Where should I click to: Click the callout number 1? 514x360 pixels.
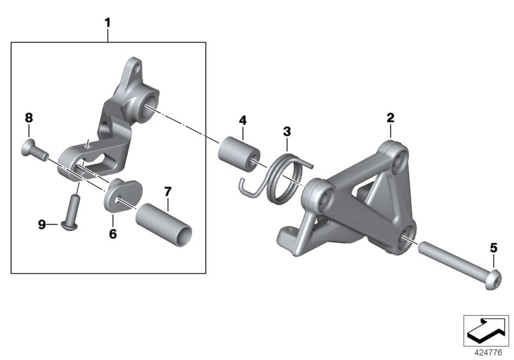pos(108,23)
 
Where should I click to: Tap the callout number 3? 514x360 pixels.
pos(287,132)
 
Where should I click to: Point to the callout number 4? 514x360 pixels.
pos(243,120)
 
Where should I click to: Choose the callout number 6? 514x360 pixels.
pos(112,234)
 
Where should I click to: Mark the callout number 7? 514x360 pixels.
pos(167,191)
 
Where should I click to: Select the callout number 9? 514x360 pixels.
pos(42,224)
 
